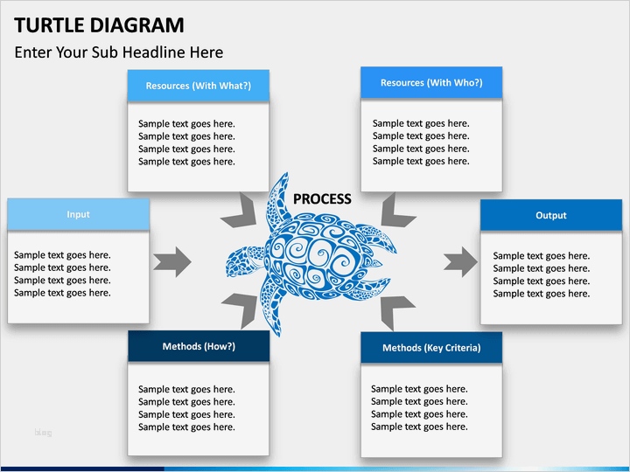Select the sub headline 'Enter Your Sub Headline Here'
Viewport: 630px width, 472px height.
118,52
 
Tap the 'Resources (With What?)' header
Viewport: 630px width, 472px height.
198,86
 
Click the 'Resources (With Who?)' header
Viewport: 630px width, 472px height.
430,83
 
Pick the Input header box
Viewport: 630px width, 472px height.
78,214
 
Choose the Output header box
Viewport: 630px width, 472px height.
550,215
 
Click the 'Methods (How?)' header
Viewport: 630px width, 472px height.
198,346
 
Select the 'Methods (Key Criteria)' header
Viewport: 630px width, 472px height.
430,348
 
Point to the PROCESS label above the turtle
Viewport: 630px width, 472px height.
322,199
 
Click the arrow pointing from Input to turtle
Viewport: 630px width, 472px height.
172,261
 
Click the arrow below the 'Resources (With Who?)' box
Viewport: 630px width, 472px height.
399,211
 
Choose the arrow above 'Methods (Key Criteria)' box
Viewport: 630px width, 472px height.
397,311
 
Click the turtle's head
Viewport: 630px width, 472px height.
239,261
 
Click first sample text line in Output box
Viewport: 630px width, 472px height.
541,256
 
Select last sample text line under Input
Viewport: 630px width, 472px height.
62,293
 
